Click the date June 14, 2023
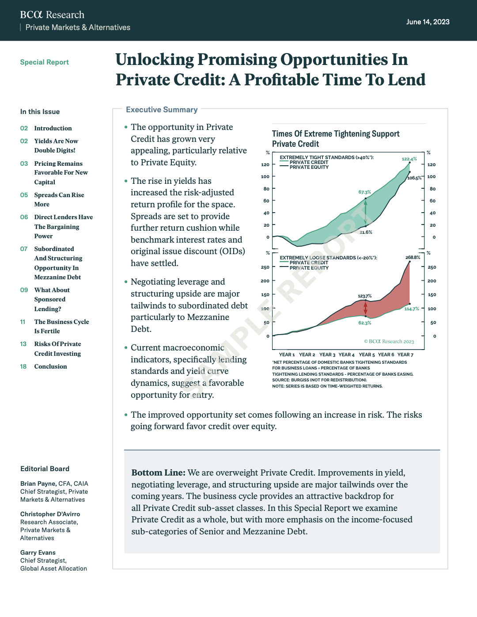(428, 22)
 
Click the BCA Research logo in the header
(52, 15)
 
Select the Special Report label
(45, 62)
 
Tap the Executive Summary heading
(162, 110)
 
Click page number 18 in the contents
(23, 366)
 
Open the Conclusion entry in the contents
(51, 366)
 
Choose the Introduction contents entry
(53, 128)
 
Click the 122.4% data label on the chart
(409, 159)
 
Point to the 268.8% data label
(413, 257)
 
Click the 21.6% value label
(366, 232)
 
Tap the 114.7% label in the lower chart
(412, 309)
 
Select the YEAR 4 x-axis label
(346, 354)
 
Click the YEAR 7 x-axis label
(405, 354)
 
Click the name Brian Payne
(38, 484)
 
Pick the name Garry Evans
(38, 552)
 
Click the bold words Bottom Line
(159, 472)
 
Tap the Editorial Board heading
(45, 469)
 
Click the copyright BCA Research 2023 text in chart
(389, 341)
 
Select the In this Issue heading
(40, 112)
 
